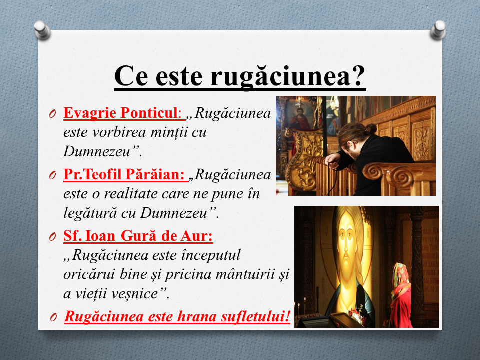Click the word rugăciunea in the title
(280, 76)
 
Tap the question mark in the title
(358, 75)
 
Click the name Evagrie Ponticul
(120, 113)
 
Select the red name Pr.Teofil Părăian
(124, 174)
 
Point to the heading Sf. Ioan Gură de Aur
(138, 236)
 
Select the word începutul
(211, 255)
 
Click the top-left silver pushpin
(42, 30)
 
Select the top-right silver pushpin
(438, 30)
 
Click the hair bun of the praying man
(370, 129)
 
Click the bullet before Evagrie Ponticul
(52, 114)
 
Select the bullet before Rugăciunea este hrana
(53, 317)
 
